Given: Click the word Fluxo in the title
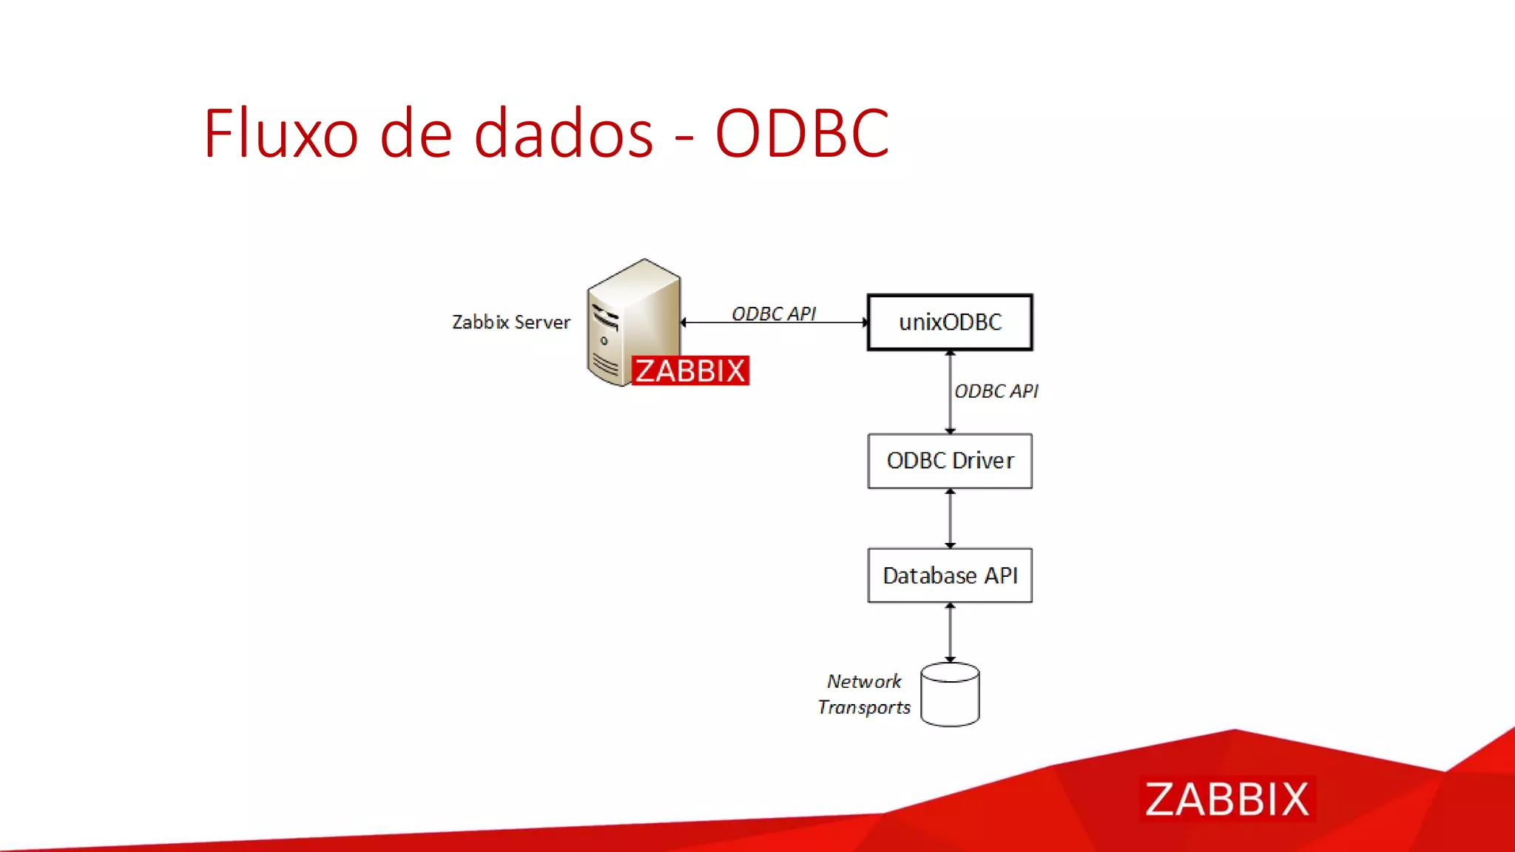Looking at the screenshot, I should coord(280,134).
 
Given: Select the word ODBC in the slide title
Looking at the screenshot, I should coord(802,134).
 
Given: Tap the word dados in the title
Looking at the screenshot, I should coord(564,134).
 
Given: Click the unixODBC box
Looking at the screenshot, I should coord(950,322).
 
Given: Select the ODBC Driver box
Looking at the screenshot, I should coord(950,461).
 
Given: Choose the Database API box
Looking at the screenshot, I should coord(950,575).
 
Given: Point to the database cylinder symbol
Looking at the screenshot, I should coord(950,695).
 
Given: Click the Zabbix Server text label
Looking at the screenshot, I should coord(511,322).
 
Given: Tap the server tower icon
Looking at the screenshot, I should coord(633,318).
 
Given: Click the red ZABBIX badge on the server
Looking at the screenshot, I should coord(690,371).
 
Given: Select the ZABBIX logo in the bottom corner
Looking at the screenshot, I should coord(1226,799).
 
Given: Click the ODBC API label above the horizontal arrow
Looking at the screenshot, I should coord(774,314).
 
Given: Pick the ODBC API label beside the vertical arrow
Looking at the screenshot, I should coord(996,391).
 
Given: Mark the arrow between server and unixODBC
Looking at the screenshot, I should coord(774,323).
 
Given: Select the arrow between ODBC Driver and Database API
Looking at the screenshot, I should coord(950,518).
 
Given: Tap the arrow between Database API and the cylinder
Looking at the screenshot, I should coord(950,632).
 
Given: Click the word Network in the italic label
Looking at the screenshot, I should coord(864,681).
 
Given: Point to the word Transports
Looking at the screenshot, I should coord(864,708).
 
